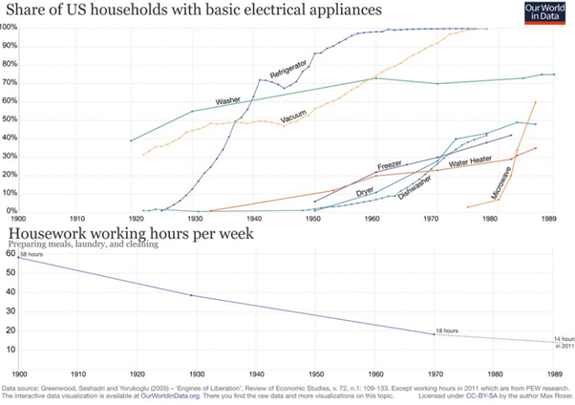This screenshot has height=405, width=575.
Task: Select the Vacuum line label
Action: [x=297, y=117]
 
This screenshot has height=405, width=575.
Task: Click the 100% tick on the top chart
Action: [x=10, y=27]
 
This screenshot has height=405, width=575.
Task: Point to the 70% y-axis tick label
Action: [x=10, y=82]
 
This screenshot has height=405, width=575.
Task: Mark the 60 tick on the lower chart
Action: [x=10, y=253]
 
